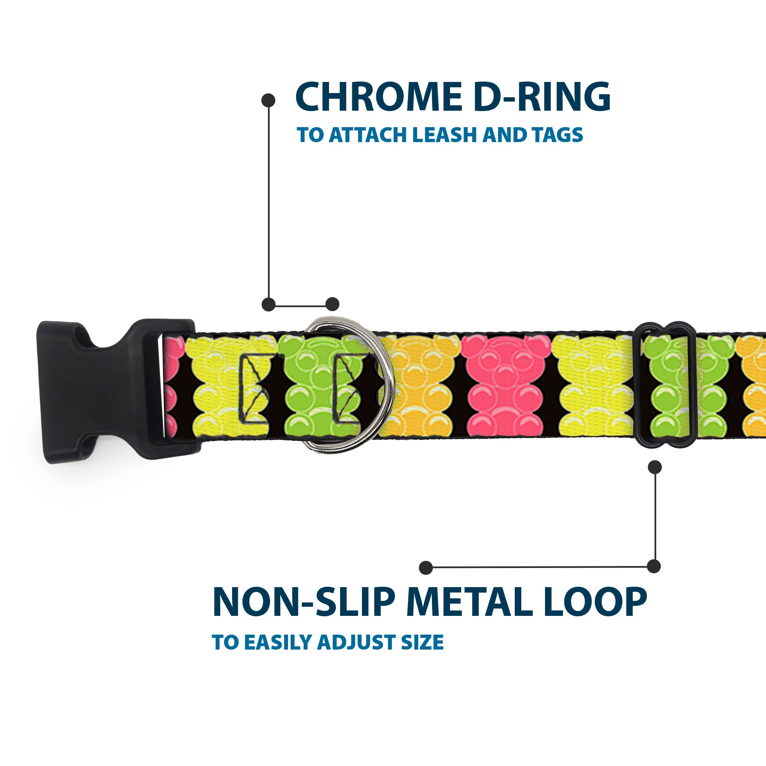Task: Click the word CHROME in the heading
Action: coord(379,97)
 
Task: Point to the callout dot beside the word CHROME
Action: coord(268,100)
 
